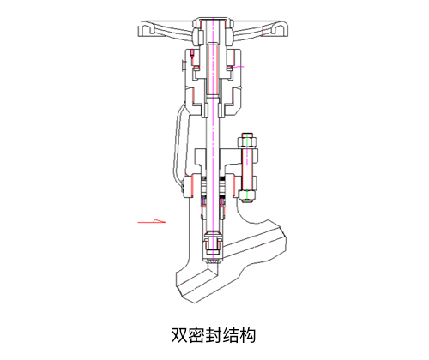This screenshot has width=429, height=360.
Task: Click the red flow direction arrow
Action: click(x=152, y=222)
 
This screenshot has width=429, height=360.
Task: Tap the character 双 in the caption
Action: click(x=179, y=335)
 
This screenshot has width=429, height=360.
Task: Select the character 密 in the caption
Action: click(x=196, y=335)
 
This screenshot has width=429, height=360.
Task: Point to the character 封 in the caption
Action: click(x=214, y=335)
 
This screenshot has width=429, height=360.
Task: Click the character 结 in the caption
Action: click(x=230, y=335)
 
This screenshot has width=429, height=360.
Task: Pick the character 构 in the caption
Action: click(x=247, y=335)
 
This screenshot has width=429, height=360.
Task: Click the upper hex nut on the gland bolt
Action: click(x=246, y=141)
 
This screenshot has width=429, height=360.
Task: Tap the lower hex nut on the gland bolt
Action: click(x=246, y=195)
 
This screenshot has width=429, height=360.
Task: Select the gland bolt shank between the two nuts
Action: click(x=246, y=169)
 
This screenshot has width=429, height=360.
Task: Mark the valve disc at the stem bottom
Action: click(x=213, y=247)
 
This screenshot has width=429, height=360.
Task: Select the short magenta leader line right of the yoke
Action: click(x=238, y=67)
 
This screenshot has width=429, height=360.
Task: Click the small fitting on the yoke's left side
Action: click(x=184, y=65)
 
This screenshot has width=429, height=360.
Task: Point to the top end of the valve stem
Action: click(x=214, y=19)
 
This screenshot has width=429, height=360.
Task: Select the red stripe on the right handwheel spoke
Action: click(x=263, y=31)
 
